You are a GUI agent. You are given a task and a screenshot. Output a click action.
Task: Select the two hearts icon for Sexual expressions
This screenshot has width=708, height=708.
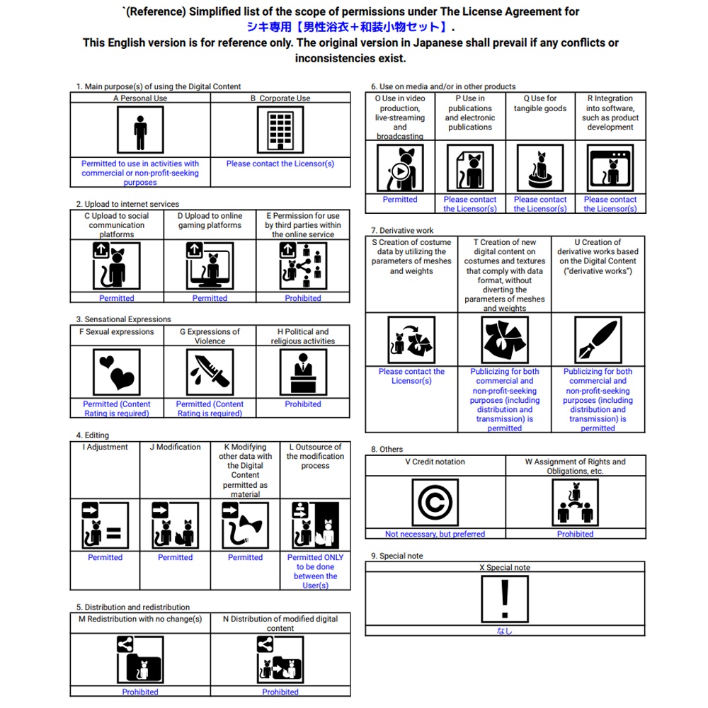117,372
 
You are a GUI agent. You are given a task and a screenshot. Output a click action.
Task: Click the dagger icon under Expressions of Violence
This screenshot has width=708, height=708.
210,372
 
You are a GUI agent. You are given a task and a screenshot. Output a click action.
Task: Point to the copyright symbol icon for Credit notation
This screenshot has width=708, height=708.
435,502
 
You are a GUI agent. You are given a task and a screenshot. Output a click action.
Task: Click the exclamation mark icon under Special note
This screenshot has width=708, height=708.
505,599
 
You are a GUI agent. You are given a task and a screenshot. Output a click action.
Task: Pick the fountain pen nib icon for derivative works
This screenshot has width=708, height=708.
598,340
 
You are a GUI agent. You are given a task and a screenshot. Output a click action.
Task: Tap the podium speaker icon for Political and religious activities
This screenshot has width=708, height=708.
303,372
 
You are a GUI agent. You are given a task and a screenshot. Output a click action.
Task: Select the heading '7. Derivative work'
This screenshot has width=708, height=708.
402,230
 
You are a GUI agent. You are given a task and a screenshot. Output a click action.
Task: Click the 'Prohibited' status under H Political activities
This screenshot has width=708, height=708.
303,404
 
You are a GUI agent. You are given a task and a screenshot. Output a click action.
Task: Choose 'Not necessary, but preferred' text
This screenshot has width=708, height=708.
435,534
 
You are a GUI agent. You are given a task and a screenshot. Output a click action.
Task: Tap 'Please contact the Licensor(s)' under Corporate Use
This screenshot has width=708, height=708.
280,164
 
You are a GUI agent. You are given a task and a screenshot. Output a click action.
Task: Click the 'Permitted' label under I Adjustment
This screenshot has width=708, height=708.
105,557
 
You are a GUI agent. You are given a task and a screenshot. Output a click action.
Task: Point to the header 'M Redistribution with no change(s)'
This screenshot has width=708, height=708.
139,619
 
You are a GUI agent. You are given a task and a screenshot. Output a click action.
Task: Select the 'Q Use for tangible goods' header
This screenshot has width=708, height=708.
540,103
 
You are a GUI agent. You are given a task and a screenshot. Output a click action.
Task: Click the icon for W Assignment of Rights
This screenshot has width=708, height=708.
575,502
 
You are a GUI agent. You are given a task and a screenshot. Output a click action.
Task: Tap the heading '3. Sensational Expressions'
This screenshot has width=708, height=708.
123,319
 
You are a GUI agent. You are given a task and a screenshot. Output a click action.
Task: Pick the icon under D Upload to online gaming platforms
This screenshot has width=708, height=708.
210,266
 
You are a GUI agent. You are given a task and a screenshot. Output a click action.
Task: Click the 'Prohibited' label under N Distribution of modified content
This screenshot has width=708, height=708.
280,692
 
